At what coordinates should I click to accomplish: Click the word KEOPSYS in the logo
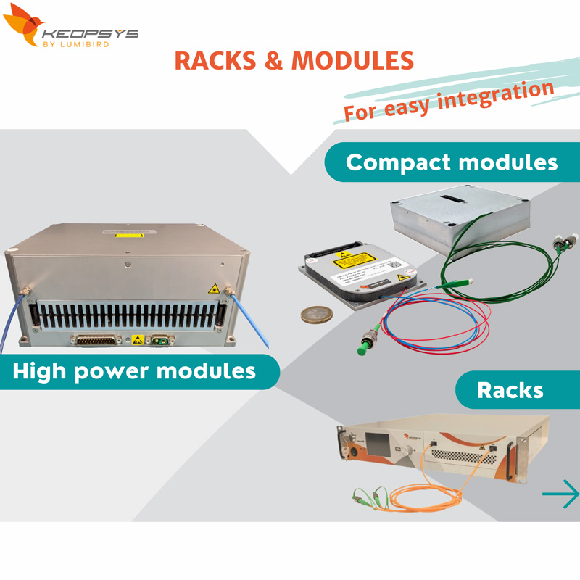[x=90, y=34]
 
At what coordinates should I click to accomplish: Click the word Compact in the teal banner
[x=396, y=162]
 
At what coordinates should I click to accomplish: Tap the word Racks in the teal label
[x=510, y=390]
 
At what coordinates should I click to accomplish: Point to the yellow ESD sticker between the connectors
[x=136, y=339]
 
